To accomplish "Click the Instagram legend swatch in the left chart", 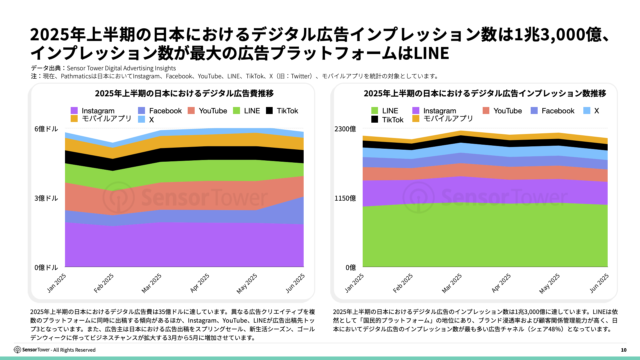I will coord(74,111).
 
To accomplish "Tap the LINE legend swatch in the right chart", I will coord(375,111).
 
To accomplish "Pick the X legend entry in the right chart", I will coord(592,111).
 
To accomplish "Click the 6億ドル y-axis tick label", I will coord(46,129).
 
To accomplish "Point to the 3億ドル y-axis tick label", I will coord(46,198).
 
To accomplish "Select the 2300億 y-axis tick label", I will coord(345,129).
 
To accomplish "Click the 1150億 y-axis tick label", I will coord(345,198).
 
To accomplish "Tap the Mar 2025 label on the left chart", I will coord(152,283).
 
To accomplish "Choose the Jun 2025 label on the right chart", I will coord(599,283).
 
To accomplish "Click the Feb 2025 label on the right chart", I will coord(403,283).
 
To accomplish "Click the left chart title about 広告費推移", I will coord(184,93).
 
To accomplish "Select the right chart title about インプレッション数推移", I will coord(485,93).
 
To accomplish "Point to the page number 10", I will coord(623,350).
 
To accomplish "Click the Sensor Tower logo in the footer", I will coord(17,350).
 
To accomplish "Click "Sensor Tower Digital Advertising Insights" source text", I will coord(121,68).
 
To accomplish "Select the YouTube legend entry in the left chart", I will coord(207,111).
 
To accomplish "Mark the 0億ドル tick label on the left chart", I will coord(46,268).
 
